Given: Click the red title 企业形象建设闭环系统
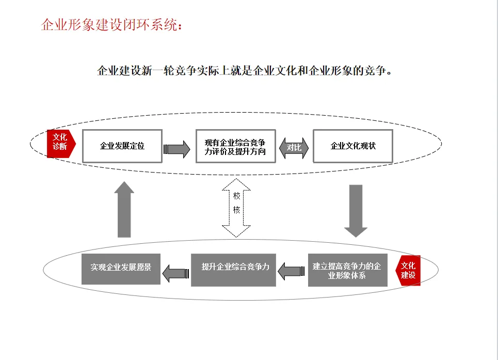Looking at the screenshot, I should pyautogui.click(x=111, y=25).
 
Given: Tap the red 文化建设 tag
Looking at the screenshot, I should pyautogui.click(x=408, y=270).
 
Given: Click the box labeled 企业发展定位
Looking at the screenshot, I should pyautogui.click(x=122, y=146).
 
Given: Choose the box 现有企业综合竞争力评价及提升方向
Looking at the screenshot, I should pyautogui.click(x=235, y=146).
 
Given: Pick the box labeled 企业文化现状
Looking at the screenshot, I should pyautogui.click(x=353, y=146).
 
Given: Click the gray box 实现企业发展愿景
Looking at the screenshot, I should pyautogui.click(x=121, y=268).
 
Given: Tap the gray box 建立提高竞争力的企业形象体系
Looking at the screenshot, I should pyautogui.click(x=347, y=270).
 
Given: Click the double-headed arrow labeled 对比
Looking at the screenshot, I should pyautogui.click(x=294, y=148).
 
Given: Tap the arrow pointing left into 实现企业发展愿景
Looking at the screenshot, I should pyautogui.click(x=175, y=273).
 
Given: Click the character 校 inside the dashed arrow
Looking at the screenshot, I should pyautogui.click(x=236, y=196).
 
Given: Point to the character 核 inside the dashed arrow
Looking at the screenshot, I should pyautogui.click(x=236, y=210).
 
